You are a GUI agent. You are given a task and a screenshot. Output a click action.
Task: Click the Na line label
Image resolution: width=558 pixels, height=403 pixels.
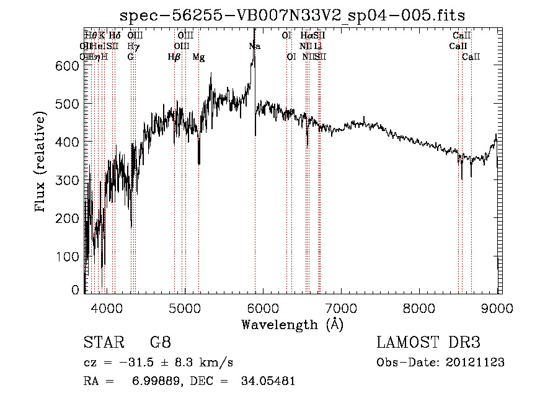point(255,47)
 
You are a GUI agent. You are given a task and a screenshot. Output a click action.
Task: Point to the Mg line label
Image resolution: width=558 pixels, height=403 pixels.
point(198,57)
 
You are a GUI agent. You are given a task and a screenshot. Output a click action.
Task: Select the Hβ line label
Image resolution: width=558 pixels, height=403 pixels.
point(174,57)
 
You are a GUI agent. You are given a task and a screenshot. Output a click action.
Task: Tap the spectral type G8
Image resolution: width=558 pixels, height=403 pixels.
point(160,342)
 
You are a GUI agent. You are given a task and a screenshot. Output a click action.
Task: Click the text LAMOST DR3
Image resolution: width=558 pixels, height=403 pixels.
point(428,342)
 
